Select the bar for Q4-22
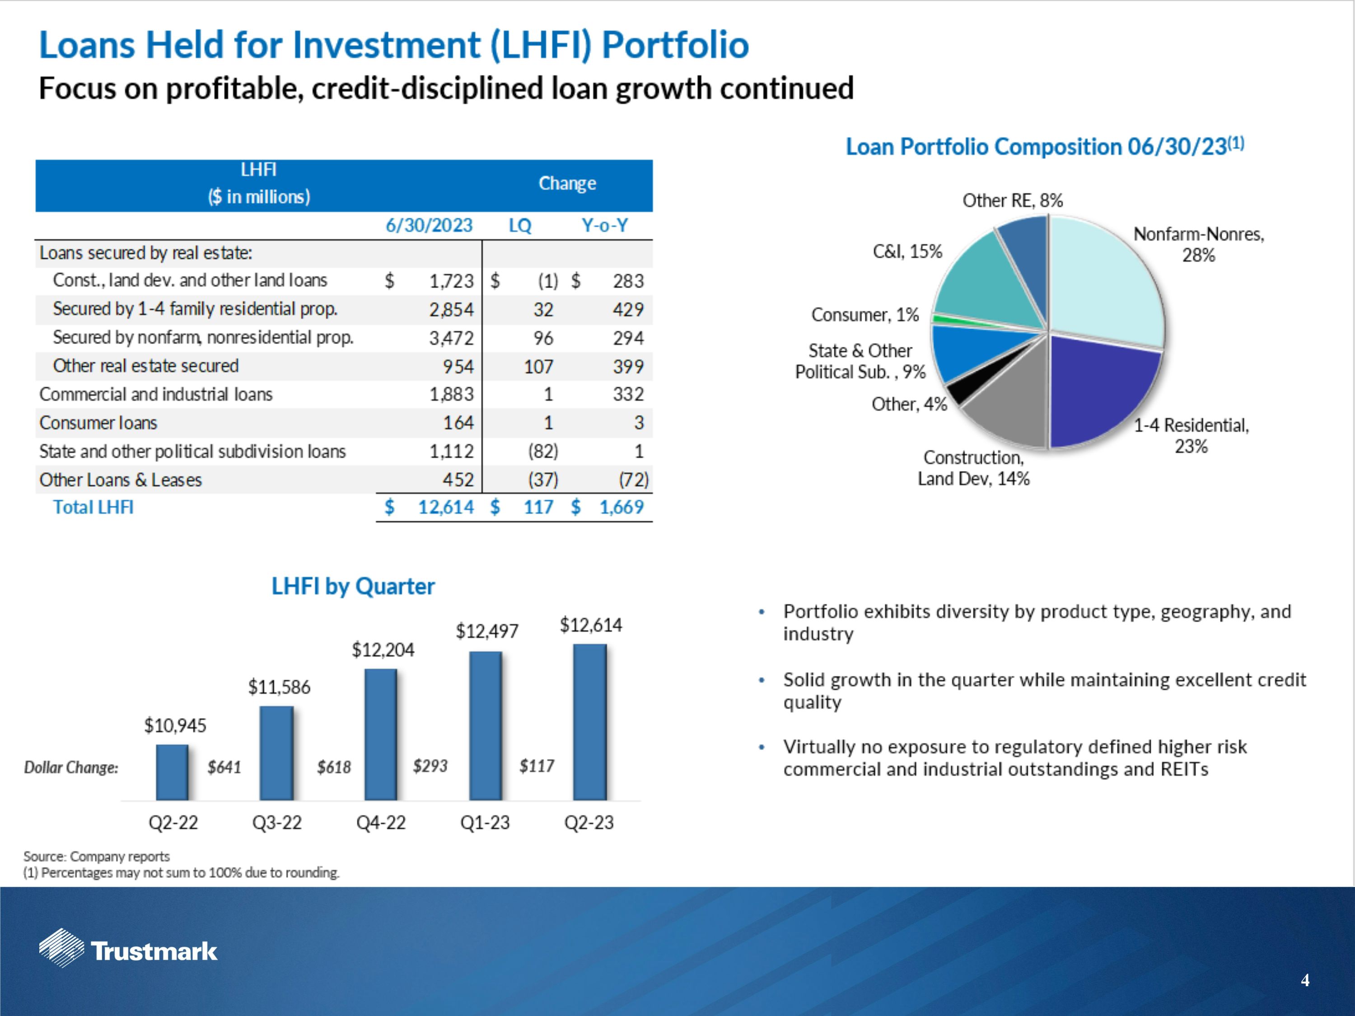[380, 734]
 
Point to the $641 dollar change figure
[224, 767]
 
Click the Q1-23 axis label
[485, 822]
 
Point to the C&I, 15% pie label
[907, 251]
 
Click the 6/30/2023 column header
[429, 225]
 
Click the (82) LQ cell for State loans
[543, 452]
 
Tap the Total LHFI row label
[93, 507]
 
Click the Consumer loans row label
[98, 423]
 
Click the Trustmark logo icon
[61, 948]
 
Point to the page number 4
[1305, 980]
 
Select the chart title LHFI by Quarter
[353, 586]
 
